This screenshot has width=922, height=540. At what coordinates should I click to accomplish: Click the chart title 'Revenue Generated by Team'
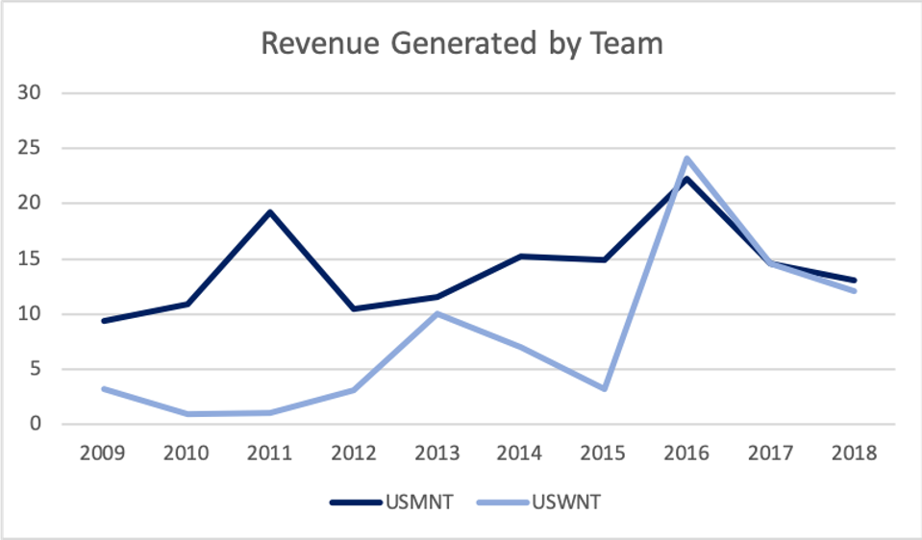click(462, 44)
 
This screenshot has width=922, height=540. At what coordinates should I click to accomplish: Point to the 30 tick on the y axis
click(37, 93)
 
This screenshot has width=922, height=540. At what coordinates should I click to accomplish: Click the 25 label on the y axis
click(37, 149)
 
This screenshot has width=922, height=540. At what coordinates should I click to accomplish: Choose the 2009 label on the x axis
click(102, 453)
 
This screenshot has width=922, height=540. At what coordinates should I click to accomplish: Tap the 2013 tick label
click(437, 453)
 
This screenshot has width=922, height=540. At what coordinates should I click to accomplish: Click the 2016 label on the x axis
click(688, 453)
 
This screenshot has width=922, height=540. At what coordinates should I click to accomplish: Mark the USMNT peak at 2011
click(270, 211)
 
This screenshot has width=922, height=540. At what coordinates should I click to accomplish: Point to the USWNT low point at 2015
click(605, 389)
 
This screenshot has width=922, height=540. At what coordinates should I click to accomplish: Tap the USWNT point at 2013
click(437, 313)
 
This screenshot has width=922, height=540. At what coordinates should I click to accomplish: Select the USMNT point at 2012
click(354, 309)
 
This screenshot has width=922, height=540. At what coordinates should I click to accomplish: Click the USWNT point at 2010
click(187, 414)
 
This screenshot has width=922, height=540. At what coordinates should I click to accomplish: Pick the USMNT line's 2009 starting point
click(103, 321)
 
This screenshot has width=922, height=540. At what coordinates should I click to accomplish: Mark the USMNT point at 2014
click(521, 257)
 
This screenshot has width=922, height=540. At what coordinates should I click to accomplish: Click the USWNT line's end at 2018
click(855, 291)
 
